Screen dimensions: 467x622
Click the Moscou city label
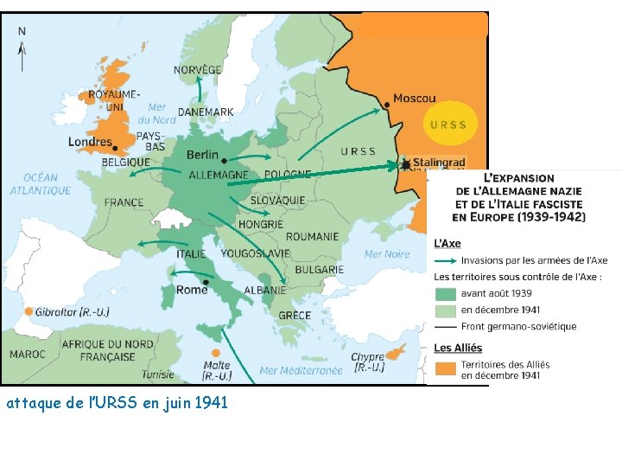pyautogui.click(x=415, y=99)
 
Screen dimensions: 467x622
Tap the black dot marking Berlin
pyautogui.click(x=225, y=161)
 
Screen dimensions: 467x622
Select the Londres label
pyautogui.click(x=90, y=143)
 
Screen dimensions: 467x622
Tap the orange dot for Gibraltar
pyautogui.click(x=29, y=311)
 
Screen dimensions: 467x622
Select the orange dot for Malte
pyautogui.click(x=215, y=353)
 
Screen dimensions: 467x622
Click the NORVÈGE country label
pyautogui.click(x=198, y=69)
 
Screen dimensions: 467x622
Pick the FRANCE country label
pyautogui.click(x=124, y=203)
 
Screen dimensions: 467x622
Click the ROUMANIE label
pyautogui.click(x=312, y=236)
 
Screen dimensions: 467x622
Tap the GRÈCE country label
pyautogui.click(x=295, y=316)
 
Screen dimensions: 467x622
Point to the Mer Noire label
pyautogui.click(x=386, y=254)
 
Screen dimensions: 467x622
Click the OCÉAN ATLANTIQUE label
pyautogui.click(x=41, y=184)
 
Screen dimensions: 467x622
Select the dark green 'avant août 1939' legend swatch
pyautogui.click(x=444, y=293)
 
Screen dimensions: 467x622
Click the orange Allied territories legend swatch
pyautogui.click(x=444, y=369)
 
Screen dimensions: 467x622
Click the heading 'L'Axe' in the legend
pyautogui.click(x=447, y=244)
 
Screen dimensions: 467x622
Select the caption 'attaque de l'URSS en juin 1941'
pyautogui.click(x=117, y=402)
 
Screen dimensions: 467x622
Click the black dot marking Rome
pyautogui.click(x=206, y=281)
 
